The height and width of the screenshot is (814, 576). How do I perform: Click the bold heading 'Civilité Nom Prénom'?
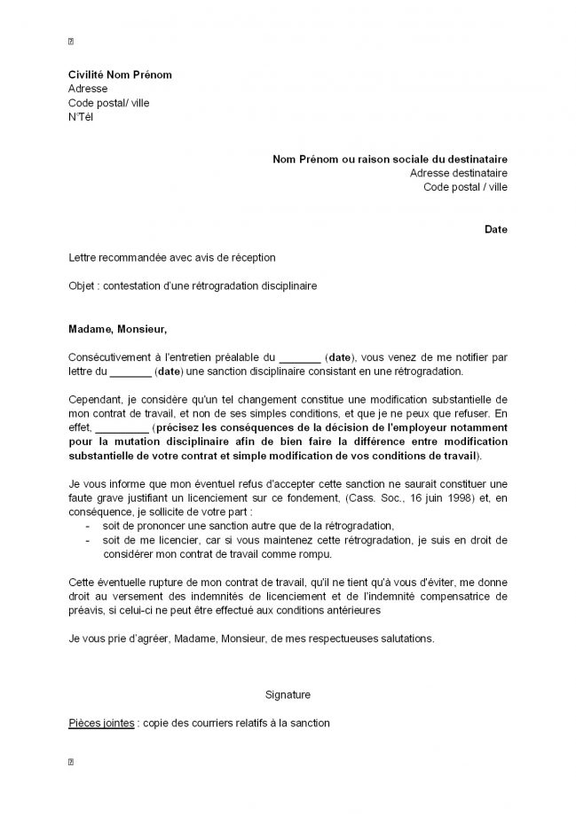[x=120, y=74]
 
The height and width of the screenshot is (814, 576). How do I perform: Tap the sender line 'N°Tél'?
[x=81, y=117]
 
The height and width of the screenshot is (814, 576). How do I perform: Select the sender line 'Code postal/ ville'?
[x=109, y=103]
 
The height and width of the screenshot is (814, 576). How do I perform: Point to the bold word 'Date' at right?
[x=496, y=230]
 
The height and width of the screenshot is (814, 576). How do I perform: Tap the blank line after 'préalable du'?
[x=299, y=357]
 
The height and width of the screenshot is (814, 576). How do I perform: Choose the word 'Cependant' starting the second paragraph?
[x=93, y=400]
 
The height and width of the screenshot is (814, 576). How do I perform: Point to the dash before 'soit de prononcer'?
[x=87, y=527]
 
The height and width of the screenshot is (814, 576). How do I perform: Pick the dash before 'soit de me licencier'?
[x=87, y=541]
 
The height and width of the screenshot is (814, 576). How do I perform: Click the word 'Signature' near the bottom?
[x=288, y=694]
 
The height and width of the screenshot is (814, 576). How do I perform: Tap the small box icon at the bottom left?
[x=71, y=761]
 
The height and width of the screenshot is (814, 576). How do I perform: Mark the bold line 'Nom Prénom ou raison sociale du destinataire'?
[x=391, y=159]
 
